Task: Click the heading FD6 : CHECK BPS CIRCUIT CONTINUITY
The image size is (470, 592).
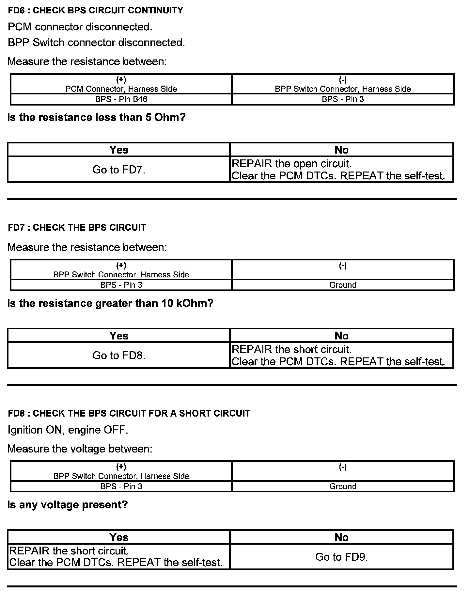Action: tap(96, 10)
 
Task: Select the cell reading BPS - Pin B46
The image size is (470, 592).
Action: tap(121, 99)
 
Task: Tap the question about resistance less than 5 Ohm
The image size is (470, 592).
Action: tap(96, 117)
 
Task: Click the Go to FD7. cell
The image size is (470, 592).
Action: tap(119, 170)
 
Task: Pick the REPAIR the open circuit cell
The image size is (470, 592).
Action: tap(341, 170)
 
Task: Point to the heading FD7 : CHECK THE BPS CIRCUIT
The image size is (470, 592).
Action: tap(77, 227)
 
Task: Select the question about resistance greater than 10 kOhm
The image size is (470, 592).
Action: tap(110, 303)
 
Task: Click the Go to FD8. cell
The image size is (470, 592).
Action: tap(119, 355)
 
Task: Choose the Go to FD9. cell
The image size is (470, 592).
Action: tap(341, 557)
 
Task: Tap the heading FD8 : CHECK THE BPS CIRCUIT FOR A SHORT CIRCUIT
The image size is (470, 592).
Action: tap(129, 413)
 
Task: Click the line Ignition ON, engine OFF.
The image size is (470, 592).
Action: tap(68, 430)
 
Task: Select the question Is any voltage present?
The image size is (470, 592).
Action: tap(68, 505)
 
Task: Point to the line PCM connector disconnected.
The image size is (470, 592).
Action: tap(80, 27)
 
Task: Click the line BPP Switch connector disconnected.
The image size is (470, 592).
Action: tap(96, 42)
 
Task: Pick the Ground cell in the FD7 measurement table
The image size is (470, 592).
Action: tap(343, 285)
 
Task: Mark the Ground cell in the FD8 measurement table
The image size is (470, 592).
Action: tap(343, 486)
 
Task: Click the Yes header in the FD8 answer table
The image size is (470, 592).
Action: tap(119, 537)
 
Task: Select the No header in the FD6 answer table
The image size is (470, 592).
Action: tap(341, 150)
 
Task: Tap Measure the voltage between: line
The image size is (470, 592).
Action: tap(80, 449)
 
